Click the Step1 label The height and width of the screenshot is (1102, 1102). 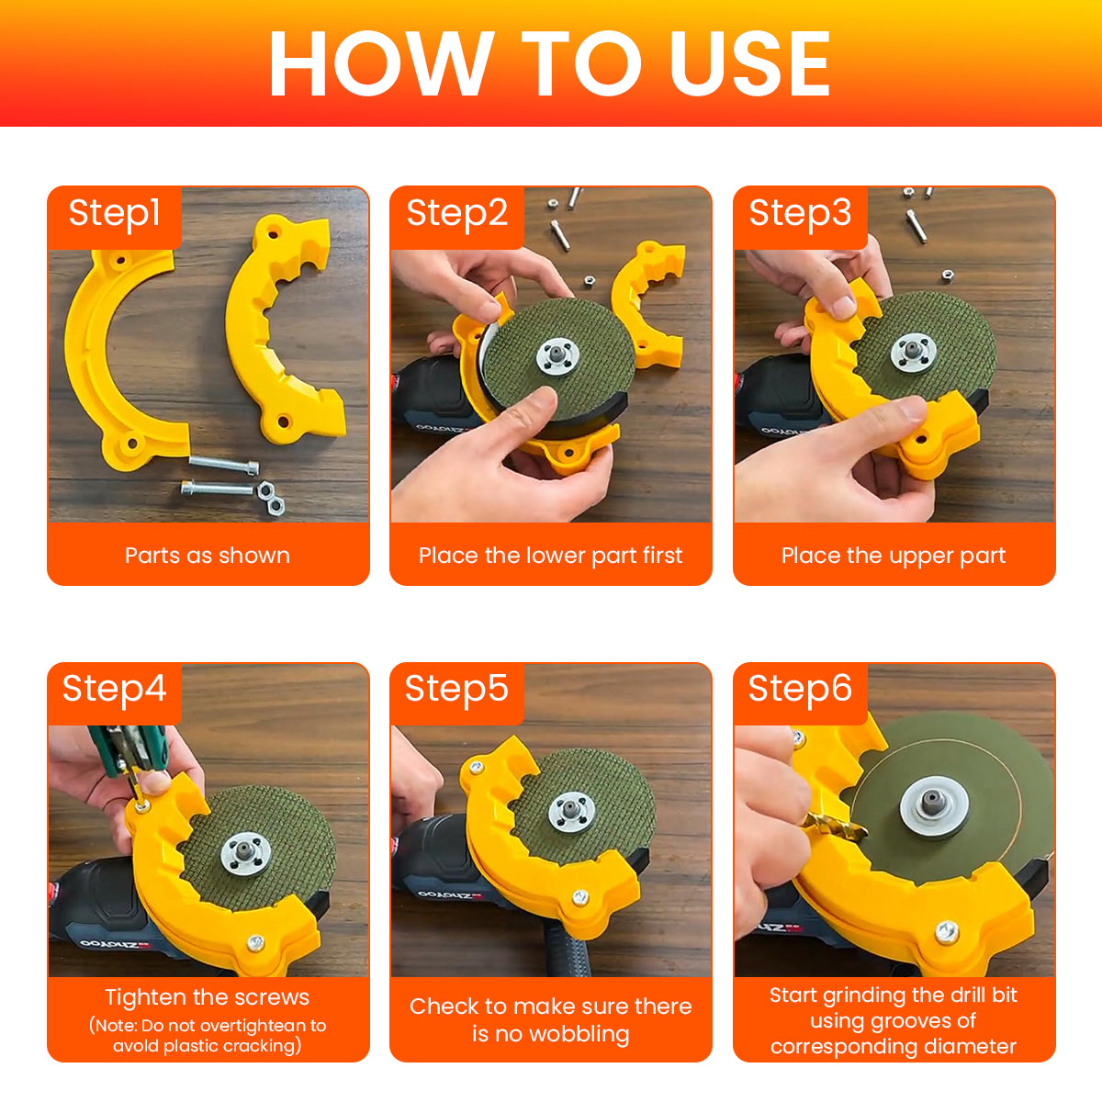click(115, 214)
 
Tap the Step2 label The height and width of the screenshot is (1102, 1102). click(457, 214)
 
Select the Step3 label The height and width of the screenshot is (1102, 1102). click(800, 214)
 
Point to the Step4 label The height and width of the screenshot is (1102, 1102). click(115, 689)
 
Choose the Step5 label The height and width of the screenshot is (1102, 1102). click(456, 689)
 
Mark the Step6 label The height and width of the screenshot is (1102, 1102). click(800, 689)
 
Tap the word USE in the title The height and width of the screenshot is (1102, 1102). click(749, 63)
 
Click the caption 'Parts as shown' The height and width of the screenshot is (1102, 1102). click(208, 556)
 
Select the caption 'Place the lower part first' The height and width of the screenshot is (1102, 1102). click(551, 556)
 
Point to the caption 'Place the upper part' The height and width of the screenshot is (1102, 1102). click(894, 556)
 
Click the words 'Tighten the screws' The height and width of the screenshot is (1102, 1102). click(208, 996)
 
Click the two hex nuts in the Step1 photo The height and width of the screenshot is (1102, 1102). click(271, 498)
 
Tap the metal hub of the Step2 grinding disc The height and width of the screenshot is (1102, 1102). click(557, 357)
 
